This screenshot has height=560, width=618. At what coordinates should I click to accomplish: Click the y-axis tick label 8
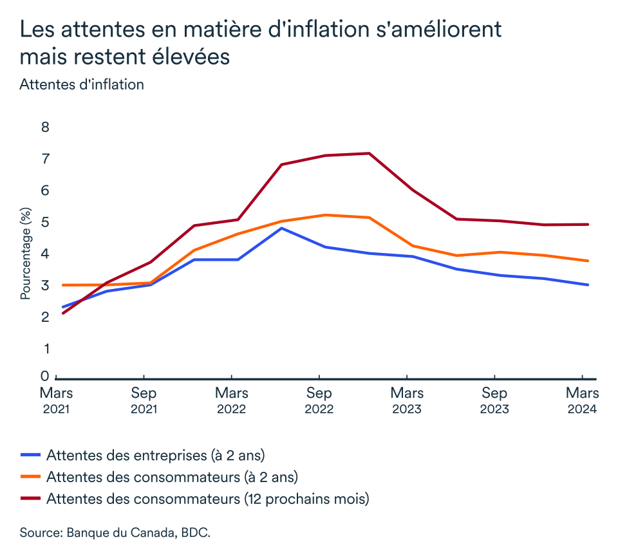coord(45,127)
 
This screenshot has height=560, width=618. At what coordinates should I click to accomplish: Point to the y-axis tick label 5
coord(45,223)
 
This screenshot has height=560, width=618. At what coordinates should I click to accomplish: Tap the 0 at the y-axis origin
coord(45,376)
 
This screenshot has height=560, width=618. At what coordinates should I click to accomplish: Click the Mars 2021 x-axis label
coord(56,400)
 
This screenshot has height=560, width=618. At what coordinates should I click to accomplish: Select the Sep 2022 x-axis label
coord(319,400)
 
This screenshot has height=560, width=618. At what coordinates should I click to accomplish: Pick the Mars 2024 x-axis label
coord(582,400)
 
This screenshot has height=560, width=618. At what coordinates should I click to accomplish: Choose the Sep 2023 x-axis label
coord(494,400)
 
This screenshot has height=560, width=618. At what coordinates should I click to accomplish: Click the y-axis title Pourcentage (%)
coord(26,254)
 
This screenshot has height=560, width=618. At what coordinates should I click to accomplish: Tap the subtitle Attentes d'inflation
coord(82,84)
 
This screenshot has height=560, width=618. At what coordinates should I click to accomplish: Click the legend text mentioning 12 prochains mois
coord(207,499)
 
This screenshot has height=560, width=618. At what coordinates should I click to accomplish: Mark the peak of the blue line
coord(281,228)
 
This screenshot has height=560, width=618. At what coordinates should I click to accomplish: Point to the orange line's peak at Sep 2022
coord(325,215)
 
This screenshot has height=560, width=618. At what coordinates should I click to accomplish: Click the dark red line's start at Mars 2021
coord(62,313)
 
